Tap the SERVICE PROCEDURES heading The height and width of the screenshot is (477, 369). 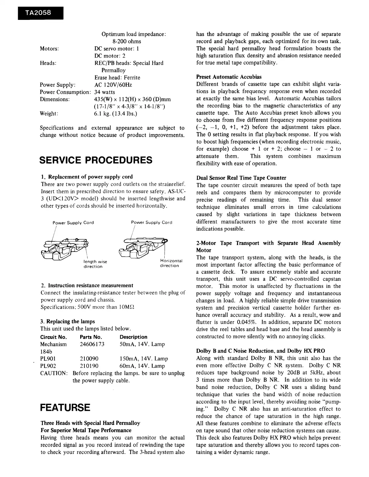click(x=96, y=160)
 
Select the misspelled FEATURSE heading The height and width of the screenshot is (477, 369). click(x=65, y=407)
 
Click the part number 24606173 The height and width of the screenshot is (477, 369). click(x=92, y=344)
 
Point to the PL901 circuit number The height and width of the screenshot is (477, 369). click(x=48, y=359)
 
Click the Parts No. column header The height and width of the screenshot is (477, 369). click(x=91, y=337)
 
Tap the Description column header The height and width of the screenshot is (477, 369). click(x=133, y=337)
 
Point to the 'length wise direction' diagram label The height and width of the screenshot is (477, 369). click(x=95, y=264)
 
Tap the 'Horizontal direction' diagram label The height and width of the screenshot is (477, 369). click(x=171, y=263)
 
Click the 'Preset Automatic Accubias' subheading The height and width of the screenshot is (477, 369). click(x=229, y=77)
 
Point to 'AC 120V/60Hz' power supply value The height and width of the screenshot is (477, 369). click(x=113, y=85)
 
